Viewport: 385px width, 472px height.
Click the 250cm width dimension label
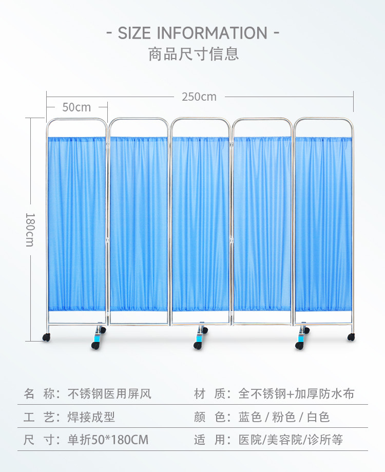point(199,97)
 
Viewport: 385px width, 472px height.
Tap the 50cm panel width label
point(76,107)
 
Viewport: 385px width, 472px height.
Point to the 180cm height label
point(30,229)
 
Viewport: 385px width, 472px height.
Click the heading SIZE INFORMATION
point(192,33)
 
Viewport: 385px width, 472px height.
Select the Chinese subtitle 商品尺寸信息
point(194,54)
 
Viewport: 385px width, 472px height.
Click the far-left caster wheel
point(46,337)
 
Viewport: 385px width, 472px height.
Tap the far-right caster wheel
point(351,337)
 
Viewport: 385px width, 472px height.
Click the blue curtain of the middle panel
point(200,223)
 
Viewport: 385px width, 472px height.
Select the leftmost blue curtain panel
point(77,223)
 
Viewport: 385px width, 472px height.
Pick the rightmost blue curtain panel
point(323,223)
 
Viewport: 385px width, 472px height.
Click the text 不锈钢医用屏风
point(110,394)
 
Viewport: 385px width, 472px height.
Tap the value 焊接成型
point(91,417)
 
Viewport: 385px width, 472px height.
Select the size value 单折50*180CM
point(108,440)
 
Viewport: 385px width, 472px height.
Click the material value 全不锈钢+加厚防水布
point(297,394)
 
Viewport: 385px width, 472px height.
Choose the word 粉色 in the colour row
point(283,417)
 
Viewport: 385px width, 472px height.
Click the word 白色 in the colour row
point(318,417)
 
